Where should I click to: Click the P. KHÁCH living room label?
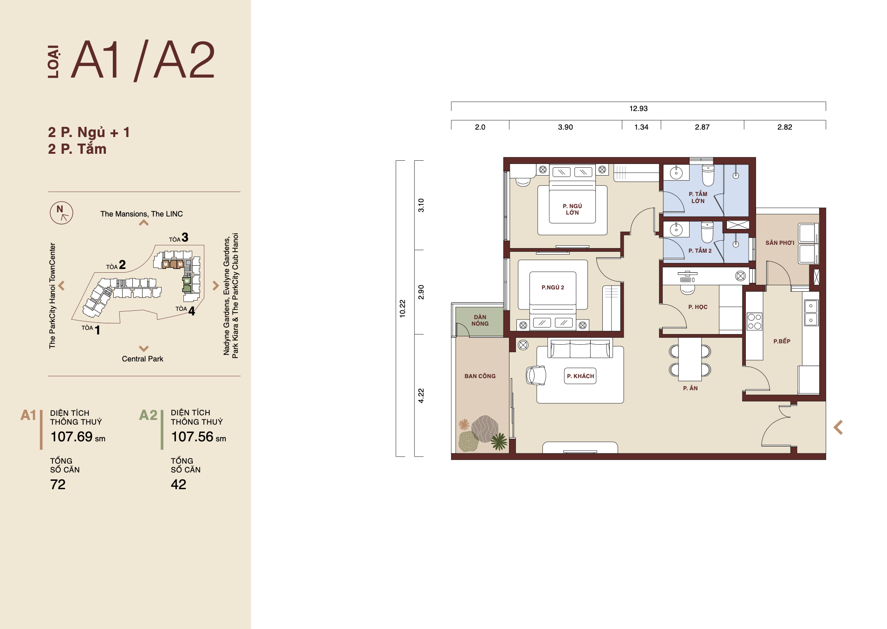(580, 376)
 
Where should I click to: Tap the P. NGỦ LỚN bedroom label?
(572, 209)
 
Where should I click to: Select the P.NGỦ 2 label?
(553, 288)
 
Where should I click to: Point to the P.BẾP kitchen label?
(782, 341)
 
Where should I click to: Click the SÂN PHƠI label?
(780, 242)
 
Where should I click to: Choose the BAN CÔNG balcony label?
(480, 376)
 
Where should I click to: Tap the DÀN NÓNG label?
(480, 320)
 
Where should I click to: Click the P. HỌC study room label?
(698, 307)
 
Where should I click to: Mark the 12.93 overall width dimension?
(638, 108)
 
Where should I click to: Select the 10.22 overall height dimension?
(402, 308)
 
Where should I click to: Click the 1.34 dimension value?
(641, 127)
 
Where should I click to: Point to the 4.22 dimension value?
(421, 395)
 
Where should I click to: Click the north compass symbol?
(61, 213)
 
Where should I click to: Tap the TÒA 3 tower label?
(178, 238)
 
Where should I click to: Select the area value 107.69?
(72, 437)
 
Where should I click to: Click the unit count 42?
(178, 485)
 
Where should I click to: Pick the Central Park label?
(143, 359)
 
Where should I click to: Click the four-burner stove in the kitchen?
(754, 321)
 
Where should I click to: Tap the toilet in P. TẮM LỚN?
(708, 175)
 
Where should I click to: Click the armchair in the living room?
(536, 375)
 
